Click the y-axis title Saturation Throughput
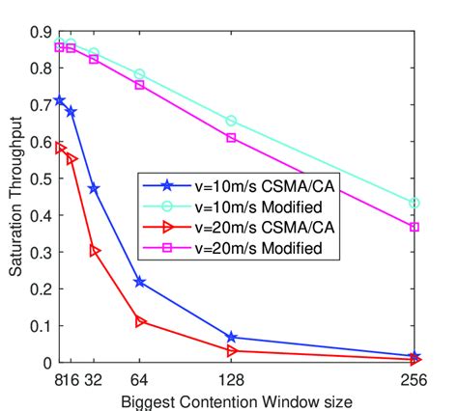point(16,197)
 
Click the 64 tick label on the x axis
point(140,377)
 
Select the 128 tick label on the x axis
point(231,377)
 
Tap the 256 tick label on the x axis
point(414,377)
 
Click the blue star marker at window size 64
point(140,282)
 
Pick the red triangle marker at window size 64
point(140,321)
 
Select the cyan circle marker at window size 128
point(231,121)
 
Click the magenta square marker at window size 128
point(231,138)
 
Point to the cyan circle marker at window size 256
point(414,203)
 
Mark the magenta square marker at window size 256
point(414,227)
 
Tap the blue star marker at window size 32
point(94,188)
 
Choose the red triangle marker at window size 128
point(231,350)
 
